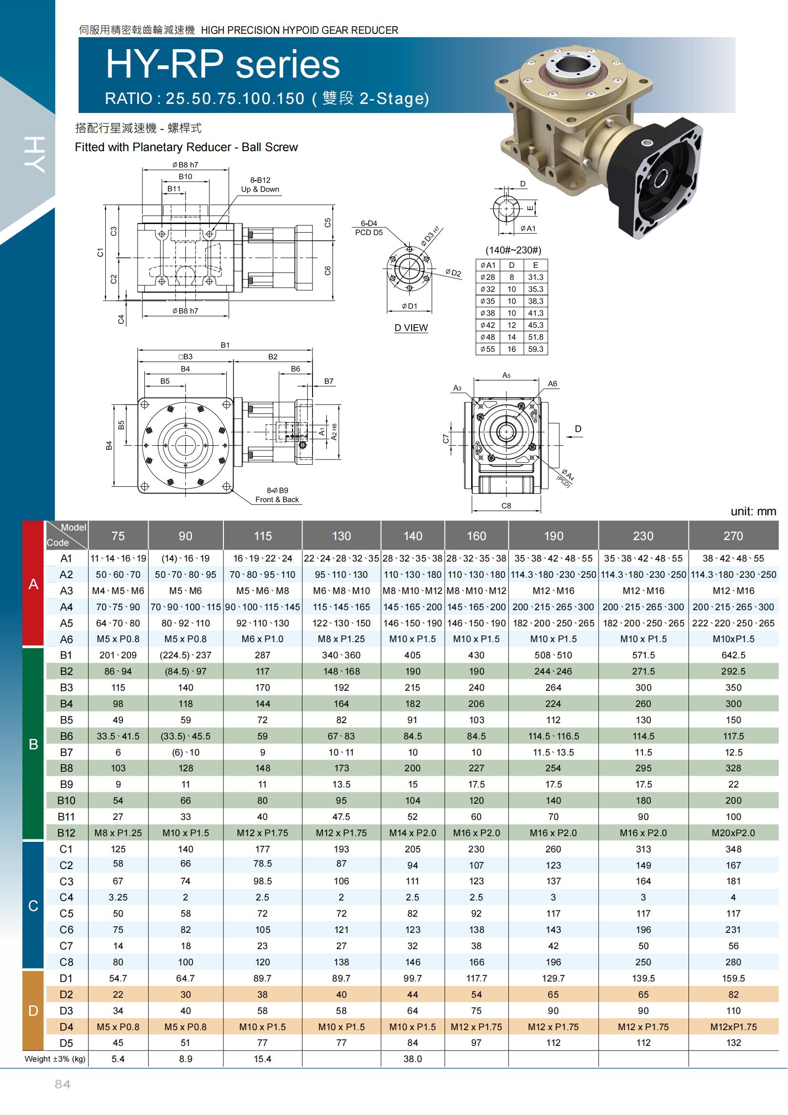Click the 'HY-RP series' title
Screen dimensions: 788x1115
222,64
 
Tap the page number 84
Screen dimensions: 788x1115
62,1084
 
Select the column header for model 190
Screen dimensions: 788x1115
553,536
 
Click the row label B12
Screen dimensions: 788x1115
66,833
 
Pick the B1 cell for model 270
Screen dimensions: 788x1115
733,655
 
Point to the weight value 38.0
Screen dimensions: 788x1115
413,1059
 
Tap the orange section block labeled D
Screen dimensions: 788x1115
33,1011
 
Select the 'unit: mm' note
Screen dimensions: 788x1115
753,511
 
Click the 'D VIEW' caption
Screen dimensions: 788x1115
411,328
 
